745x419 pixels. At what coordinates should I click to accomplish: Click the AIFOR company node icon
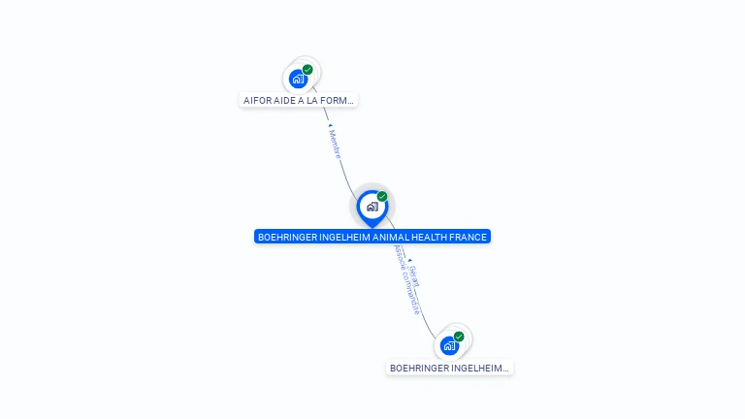(299, 79)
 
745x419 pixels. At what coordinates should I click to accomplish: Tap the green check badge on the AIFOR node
(308, 70)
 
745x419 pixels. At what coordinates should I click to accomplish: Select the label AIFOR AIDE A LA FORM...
(299, 100)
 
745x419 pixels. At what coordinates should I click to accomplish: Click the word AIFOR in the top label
(257, 100)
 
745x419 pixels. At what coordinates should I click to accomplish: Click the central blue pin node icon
(372, 207)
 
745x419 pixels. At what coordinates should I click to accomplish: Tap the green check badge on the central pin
(382, 197)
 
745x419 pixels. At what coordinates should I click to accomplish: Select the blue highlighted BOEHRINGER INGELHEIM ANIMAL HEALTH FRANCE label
(372, 237)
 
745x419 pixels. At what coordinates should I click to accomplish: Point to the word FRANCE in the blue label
(468, 237)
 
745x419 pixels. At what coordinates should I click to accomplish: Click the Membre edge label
(335, 145)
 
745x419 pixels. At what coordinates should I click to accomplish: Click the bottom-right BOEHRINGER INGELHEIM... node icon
(449, 345)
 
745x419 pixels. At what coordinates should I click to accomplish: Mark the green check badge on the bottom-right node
(459, 337)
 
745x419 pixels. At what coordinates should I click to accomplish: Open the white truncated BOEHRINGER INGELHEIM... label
(449, 369)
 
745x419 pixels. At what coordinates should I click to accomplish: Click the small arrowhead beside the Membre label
(330, 126)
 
